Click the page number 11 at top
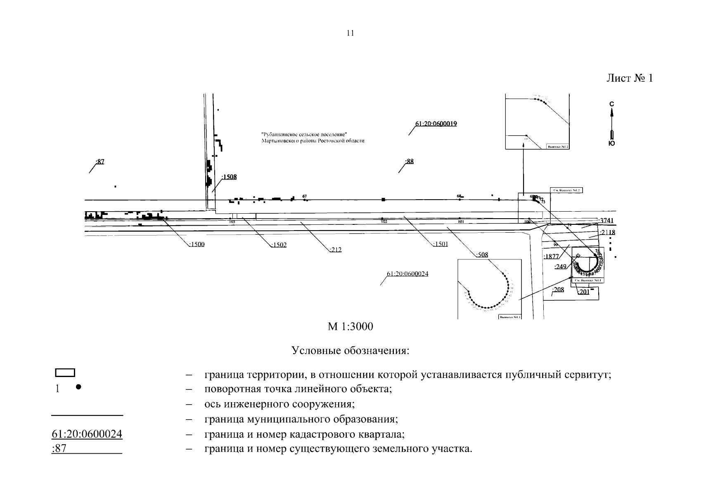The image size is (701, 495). [x=350, y=33]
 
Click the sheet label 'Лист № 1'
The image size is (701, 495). [x=630, y=78]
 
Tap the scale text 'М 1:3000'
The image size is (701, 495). [x=350, y=327]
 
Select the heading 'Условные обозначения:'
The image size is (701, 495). [x=350, y=351]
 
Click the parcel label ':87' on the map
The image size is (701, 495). [x=100, y=161]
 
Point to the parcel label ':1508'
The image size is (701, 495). [x=229, y=177]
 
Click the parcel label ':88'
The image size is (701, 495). [x=409, y=161]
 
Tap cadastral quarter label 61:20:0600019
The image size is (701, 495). [x=436, y=124]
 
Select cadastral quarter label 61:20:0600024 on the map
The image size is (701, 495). [x=407, y=273]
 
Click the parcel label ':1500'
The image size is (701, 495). [x=197, y=244]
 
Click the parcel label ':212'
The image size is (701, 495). [x=336, y=250]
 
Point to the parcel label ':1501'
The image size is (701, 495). [x=440, y=244]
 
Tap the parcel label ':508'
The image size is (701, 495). [x=482, y=255]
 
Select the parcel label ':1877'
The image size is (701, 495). [x=552, y=256]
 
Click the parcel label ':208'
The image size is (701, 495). [x=558, y=290]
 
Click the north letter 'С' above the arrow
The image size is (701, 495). [x=612, y=104]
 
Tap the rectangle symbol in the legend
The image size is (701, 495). [x=65, y=372]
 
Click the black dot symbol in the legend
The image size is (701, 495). [x=78, y=387]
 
